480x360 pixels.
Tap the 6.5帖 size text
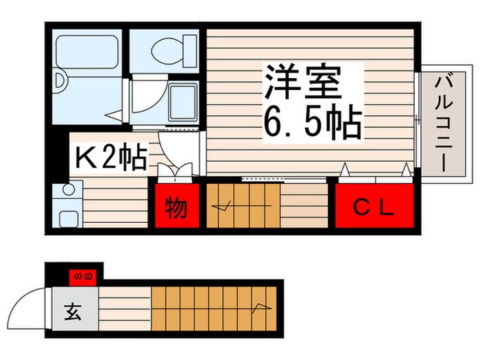tap(312, 123)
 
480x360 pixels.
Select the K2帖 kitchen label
tap(110, 158)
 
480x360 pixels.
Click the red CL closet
tap(374, 205)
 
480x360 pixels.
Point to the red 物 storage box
tap(176, 205)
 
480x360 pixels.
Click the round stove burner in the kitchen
tap(67, 190)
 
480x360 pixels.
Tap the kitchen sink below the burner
tap(67, 219)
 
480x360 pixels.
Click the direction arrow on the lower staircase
tap(261, 307)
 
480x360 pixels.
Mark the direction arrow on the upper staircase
tap(223, 204)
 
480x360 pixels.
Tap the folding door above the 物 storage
tap(176, 173)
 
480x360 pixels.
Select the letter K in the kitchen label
tap(85, 158)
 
